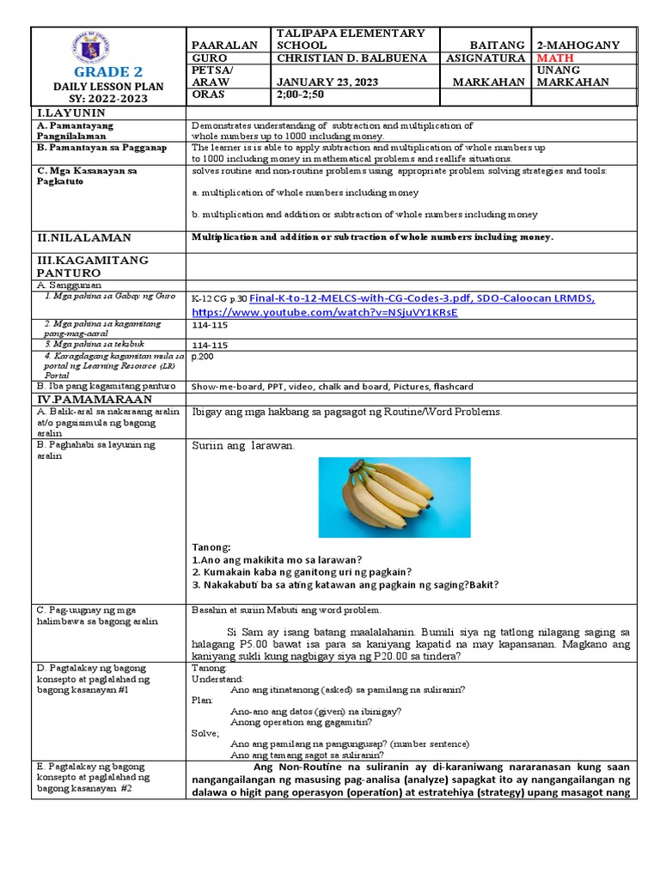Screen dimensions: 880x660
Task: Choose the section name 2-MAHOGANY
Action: point(579,45)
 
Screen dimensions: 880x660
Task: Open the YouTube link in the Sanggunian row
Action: point(325,312)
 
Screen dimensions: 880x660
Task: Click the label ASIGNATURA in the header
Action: point(485,58)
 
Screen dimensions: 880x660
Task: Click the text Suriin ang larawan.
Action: point(243,446)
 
